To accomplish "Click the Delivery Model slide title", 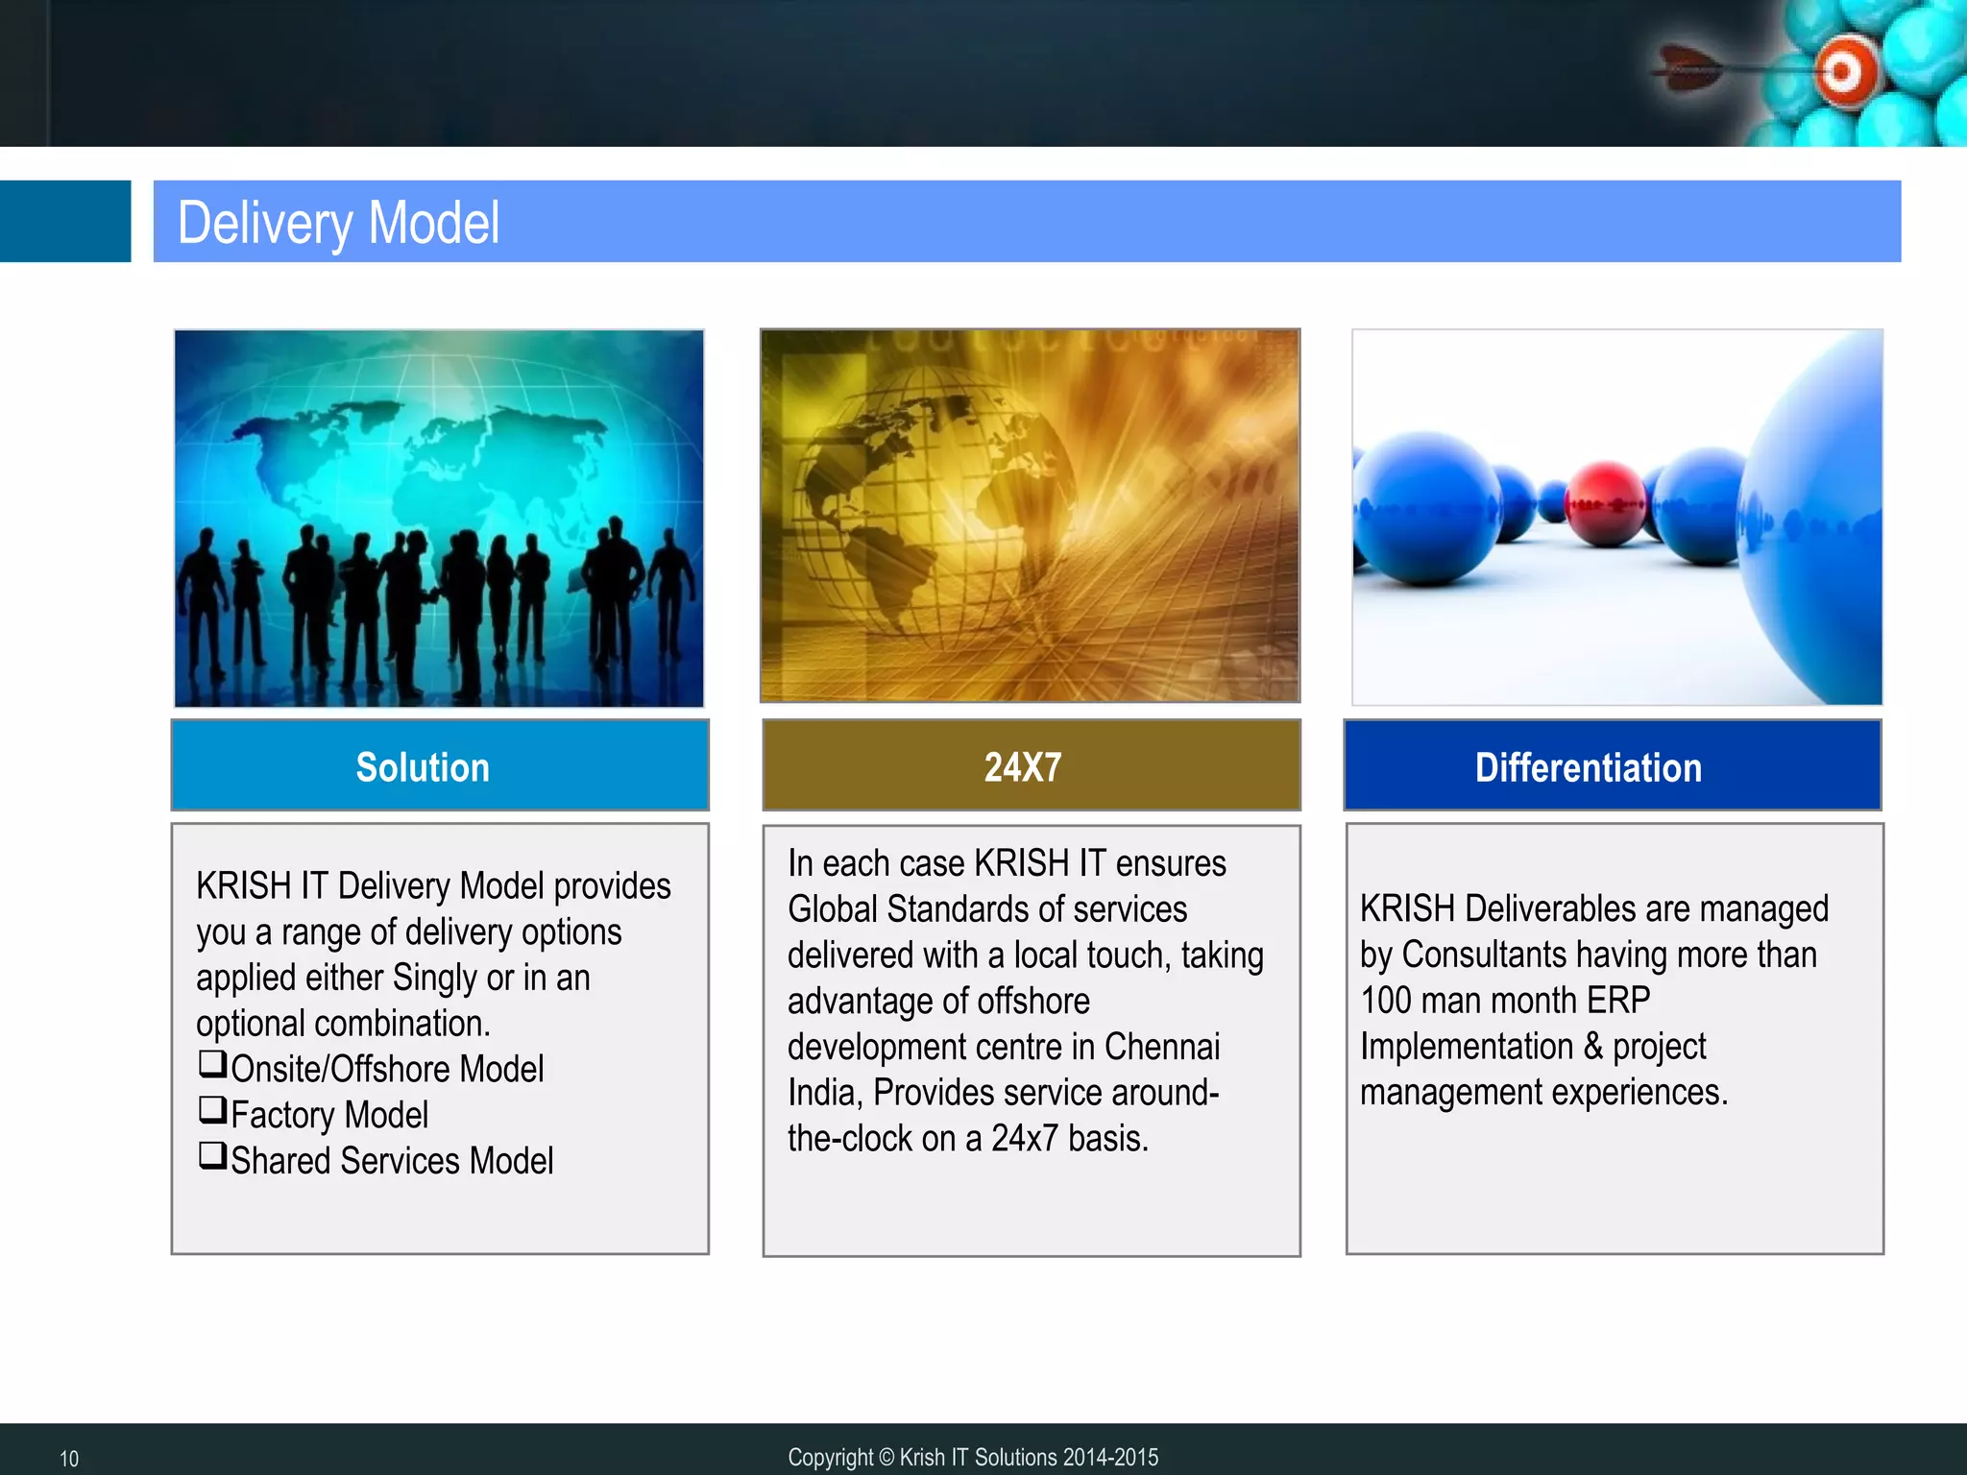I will [338, 223].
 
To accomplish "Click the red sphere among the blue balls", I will [1605, 503].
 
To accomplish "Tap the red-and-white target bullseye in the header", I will [1842, 71].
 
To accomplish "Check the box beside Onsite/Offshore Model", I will [212, 1064].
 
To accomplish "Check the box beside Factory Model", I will [212, 1110].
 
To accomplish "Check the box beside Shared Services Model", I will [212, 1155].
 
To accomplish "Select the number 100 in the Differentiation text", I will [1386, 1001].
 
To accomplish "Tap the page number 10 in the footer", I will [69, 1459].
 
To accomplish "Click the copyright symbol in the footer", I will [886, 1458].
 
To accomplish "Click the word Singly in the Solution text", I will [434, 978].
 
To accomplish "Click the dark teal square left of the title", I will [64, 221].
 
